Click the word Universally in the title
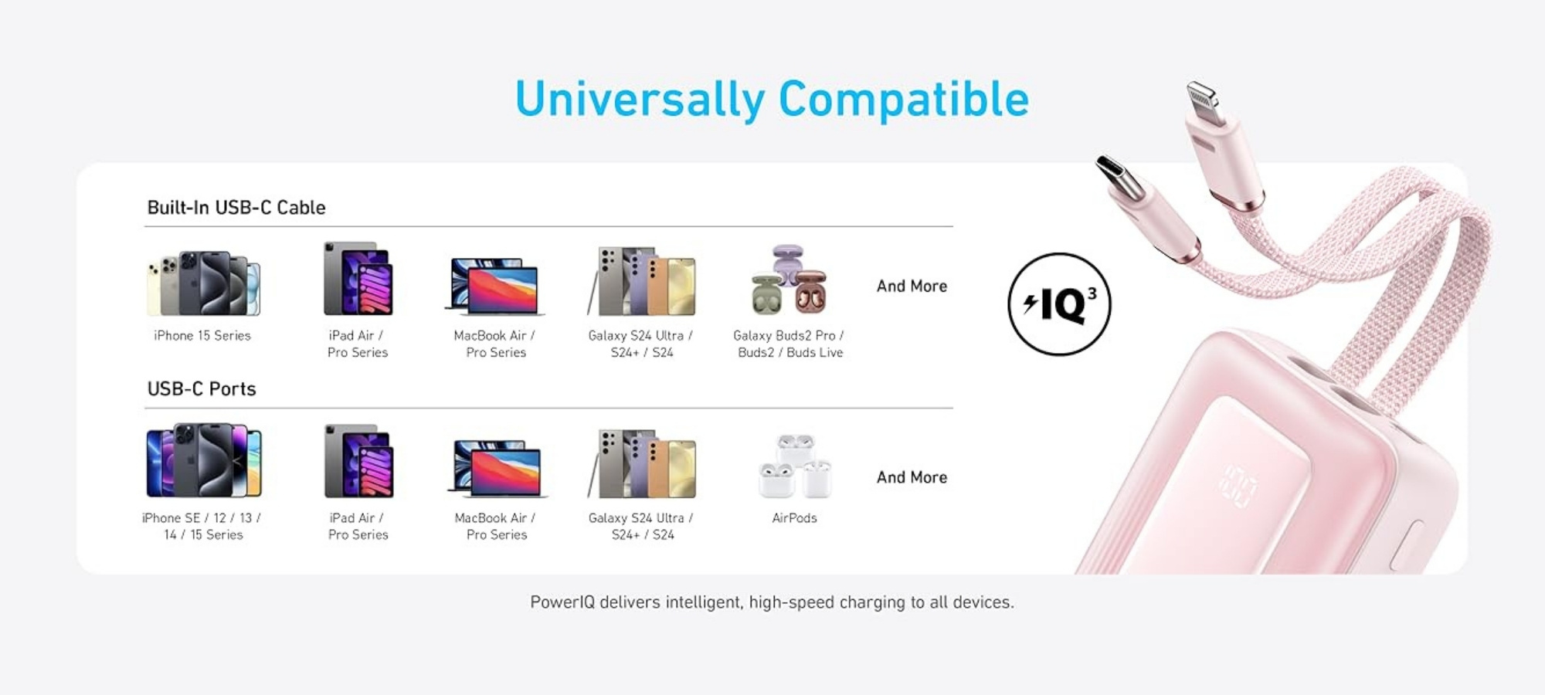pos(640,100)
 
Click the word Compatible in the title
pos(904,99)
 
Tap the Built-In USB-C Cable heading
pos(236,208)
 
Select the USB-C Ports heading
pos(202,388)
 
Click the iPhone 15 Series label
pos(202,335)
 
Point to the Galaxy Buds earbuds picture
pos(789,279)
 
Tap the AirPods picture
pos(795,466)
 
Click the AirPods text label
pos(794,518)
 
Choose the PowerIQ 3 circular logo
pos(1059,304)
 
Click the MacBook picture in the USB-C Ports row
pos(497,468)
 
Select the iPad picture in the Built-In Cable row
pos(358,278)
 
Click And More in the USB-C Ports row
pos(912,477)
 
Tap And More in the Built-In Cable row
pos(912,286)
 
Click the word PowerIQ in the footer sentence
pos(562,602)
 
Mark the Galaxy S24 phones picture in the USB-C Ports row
pos(641,463)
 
